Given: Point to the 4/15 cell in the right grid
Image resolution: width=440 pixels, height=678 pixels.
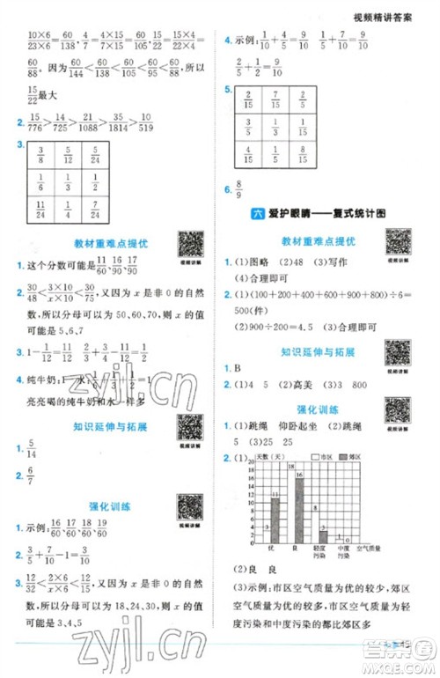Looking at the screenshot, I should (246, 155).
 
